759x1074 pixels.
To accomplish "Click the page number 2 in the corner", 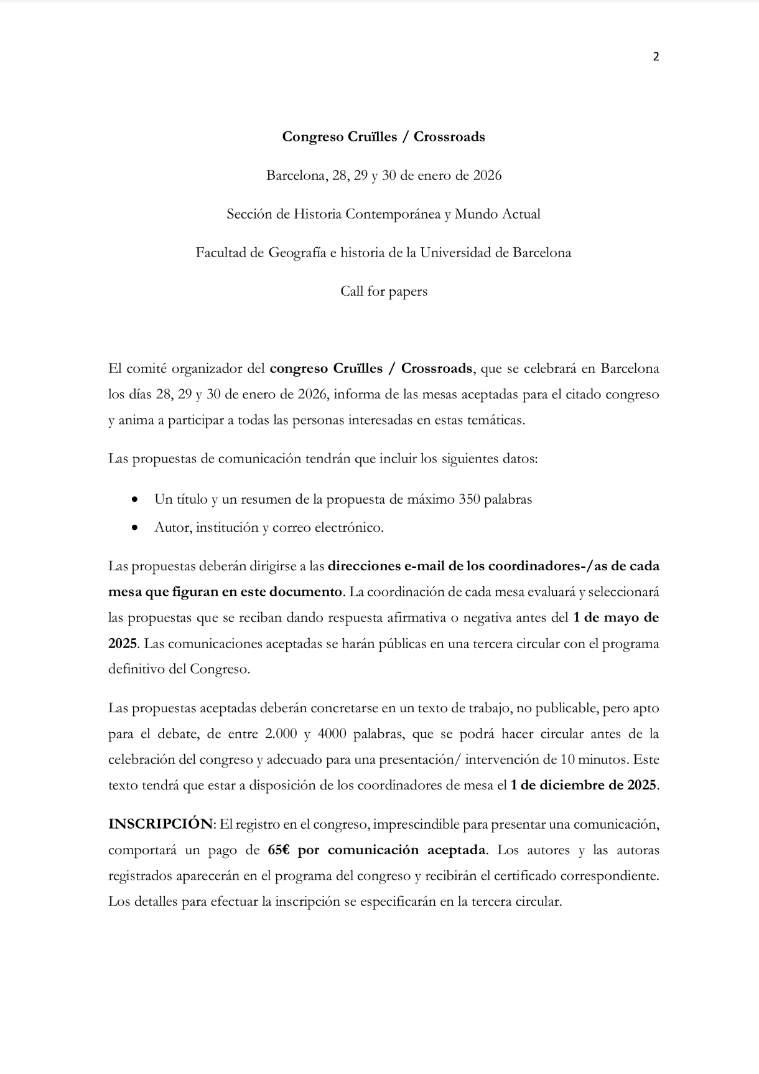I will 656,57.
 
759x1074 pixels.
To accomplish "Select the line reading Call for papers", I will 383,291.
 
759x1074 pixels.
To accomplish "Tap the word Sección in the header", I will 249,214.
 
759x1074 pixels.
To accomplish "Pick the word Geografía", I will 297,253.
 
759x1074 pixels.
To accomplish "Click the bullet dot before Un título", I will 135,500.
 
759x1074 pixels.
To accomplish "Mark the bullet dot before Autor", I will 135,528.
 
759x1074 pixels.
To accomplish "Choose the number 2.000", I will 280,733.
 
